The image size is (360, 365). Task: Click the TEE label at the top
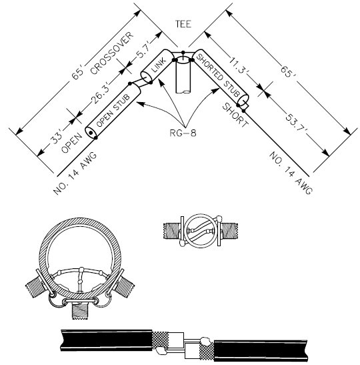[183, 24]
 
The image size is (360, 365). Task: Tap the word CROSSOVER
[112, 53]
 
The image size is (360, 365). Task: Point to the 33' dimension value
[57, 135]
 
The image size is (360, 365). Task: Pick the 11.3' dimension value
[238, 65]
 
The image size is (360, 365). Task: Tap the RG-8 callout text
[183, 133]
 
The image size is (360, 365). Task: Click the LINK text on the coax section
[159, 65]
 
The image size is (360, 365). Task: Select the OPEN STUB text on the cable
[113, 110]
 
